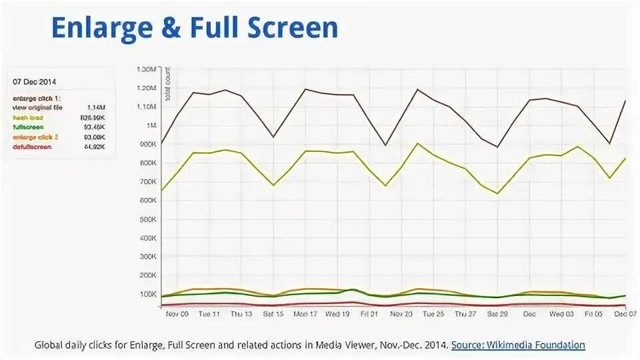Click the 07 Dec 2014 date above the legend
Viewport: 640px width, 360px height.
pos(35,81)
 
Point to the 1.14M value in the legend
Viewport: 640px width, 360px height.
pos(96,107)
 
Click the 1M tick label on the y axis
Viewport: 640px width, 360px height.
pos(150,125)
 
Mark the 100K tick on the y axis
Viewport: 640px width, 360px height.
pos(147,294)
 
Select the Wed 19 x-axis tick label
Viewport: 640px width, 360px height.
pos(337,313)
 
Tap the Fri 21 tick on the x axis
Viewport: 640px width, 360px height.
pos(369,313)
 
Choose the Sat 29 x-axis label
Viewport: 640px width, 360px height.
pos(497,313)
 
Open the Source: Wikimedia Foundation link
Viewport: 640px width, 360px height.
pos(518,345)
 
